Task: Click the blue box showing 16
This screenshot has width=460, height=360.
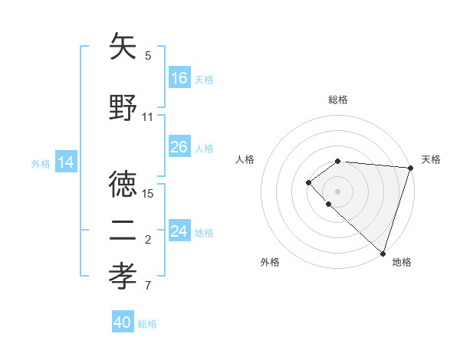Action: click(179, 78)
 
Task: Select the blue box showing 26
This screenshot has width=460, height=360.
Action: click(179, 147)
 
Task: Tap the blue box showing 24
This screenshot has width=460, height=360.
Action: click(179, 231)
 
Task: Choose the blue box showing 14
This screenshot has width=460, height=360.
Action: click(66, 162)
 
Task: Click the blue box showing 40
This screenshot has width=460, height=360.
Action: click(123, 322)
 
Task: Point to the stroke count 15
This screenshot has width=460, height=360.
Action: click(149, 193)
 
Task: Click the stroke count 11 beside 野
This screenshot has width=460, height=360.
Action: click(148, 117)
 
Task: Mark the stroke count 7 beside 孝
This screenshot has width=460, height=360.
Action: click(148, 286)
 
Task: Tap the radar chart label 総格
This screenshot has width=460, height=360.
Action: click(338, 100)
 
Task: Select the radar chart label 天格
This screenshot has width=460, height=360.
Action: click(431, 159)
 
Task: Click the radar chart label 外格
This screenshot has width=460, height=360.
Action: click(270, 262)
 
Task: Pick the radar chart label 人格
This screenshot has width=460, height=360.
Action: click(245, 159)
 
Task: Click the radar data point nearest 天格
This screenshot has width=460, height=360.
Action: click(411, 168)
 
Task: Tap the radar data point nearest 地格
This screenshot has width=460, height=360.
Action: click(383, 253)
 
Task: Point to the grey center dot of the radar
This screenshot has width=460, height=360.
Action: click(338, 191)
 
